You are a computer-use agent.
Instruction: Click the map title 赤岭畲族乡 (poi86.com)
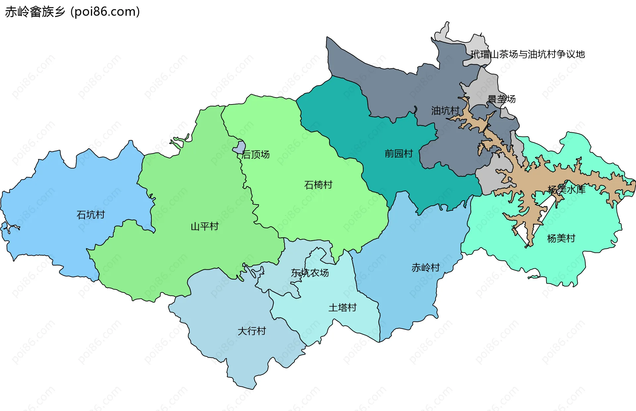point(72,12)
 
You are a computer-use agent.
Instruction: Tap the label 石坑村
point(90,215)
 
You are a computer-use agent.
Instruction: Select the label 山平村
point(204,227)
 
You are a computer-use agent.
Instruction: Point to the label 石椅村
point(318,185)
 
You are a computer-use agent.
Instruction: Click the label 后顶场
point(255,155)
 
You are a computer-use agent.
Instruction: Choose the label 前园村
point(398,154)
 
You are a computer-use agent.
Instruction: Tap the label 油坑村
point(445,111)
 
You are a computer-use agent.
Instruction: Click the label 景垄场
point(502,99)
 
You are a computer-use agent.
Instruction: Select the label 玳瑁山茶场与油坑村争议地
point(527,54)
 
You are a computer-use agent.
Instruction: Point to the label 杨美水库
point(566,190)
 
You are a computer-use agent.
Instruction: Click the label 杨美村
point(561,239)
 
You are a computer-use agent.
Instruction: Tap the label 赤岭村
point(425,268)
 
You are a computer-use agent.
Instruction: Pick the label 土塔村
point(342,308)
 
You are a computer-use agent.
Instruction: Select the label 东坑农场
point(310,273)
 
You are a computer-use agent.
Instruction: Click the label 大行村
point(251,331)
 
